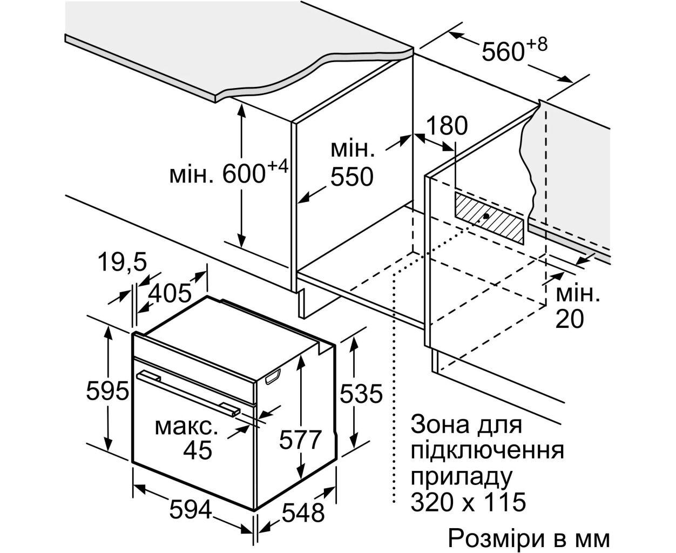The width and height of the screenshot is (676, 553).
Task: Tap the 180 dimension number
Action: [x=447, y=126]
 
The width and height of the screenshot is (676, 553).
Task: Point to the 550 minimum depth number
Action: [x=352, y=176]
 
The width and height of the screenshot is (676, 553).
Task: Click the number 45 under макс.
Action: [x=198, y=449]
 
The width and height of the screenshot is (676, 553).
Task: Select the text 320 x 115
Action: [x=468, y=502]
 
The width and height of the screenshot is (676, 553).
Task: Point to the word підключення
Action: [x=487, y=451]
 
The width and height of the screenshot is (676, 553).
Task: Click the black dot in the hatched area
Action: [x=487, y=216]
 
